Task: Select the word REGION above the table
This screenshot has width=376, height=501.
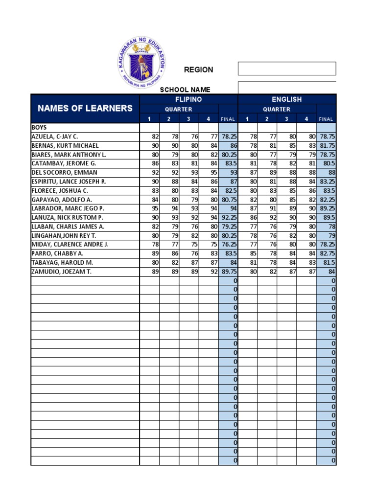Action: pos(198,69)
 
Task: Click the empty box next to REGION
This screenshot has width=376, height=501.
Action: pos(287,68)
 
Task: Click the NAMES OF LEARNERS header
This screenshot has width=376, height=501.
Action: pos(85,108)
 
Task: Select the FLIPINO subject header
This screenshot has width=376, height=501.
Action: pos(188,99)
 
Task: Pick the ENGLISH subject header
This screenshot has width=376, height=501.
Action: pos(287,99)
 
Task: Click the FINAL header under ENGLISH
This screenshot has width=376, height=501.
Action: pos(326,119)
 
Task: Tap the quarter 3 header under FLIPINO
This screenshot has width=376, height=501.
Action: pos(188,119)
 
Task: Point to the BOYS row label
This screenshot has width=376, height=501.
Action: pos(39,127)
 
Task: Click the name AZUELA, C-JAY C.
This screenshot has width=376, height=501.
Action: pos(54,137)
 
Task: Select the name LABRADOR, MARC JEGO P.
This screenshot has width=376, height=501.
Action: pos(68,208)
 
